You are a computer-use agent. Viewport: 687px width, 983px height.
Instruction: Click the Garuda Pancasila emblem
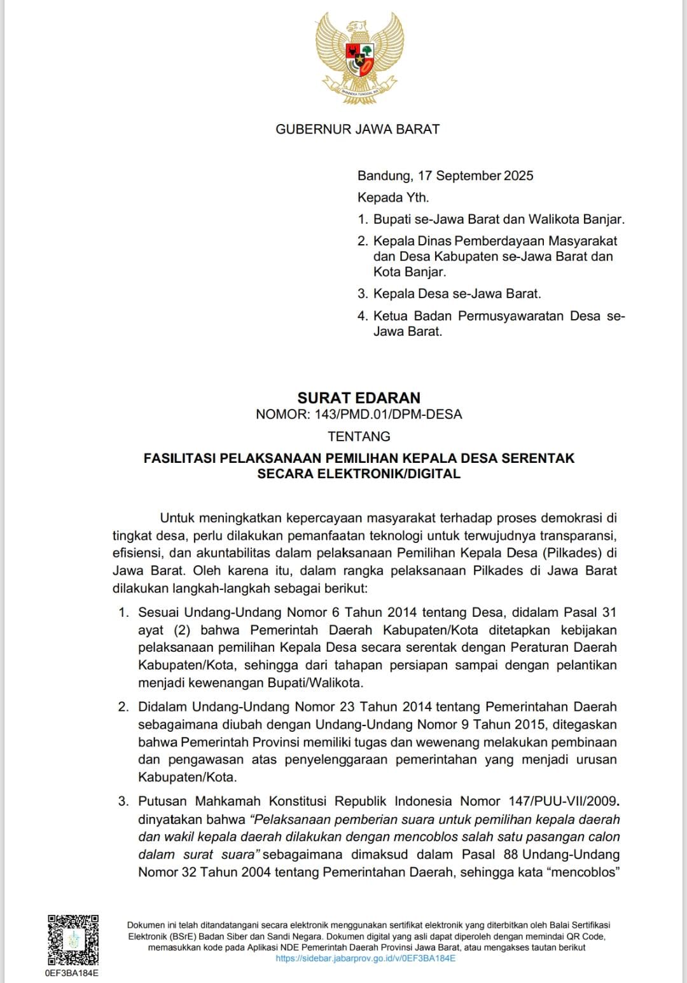point(359,55)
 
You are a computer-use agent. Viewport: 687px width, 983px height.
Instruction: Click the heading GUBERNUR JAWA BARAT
point(357,129)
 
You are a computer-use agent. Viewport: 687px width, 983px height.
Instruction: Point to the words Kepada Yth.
point(393,197)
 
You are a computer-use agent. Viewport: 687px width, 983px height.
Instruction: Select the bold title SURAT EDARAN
point(359,398)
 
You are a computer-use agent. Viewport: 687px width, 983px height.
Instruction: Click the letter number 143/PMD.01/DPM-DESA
point(388,415)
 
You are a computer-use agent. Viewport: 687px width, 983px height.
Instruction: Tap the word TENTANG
point(359,436)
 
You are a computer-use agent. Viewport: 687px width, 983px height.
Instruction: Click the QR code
point(73,940)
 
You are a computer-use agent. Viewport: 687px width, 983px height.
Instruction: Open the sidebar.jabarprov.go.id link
point(365,958)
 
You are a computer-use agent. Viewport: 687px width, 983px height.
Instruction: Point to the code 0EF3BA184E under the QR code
point(72,973)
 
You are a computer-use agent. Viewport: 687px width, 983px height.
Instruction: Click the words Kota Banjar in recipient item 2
point(409,272)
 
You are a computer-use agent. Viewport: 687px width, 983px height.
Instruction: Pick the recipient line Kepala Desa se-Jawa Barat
point(457,294)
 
